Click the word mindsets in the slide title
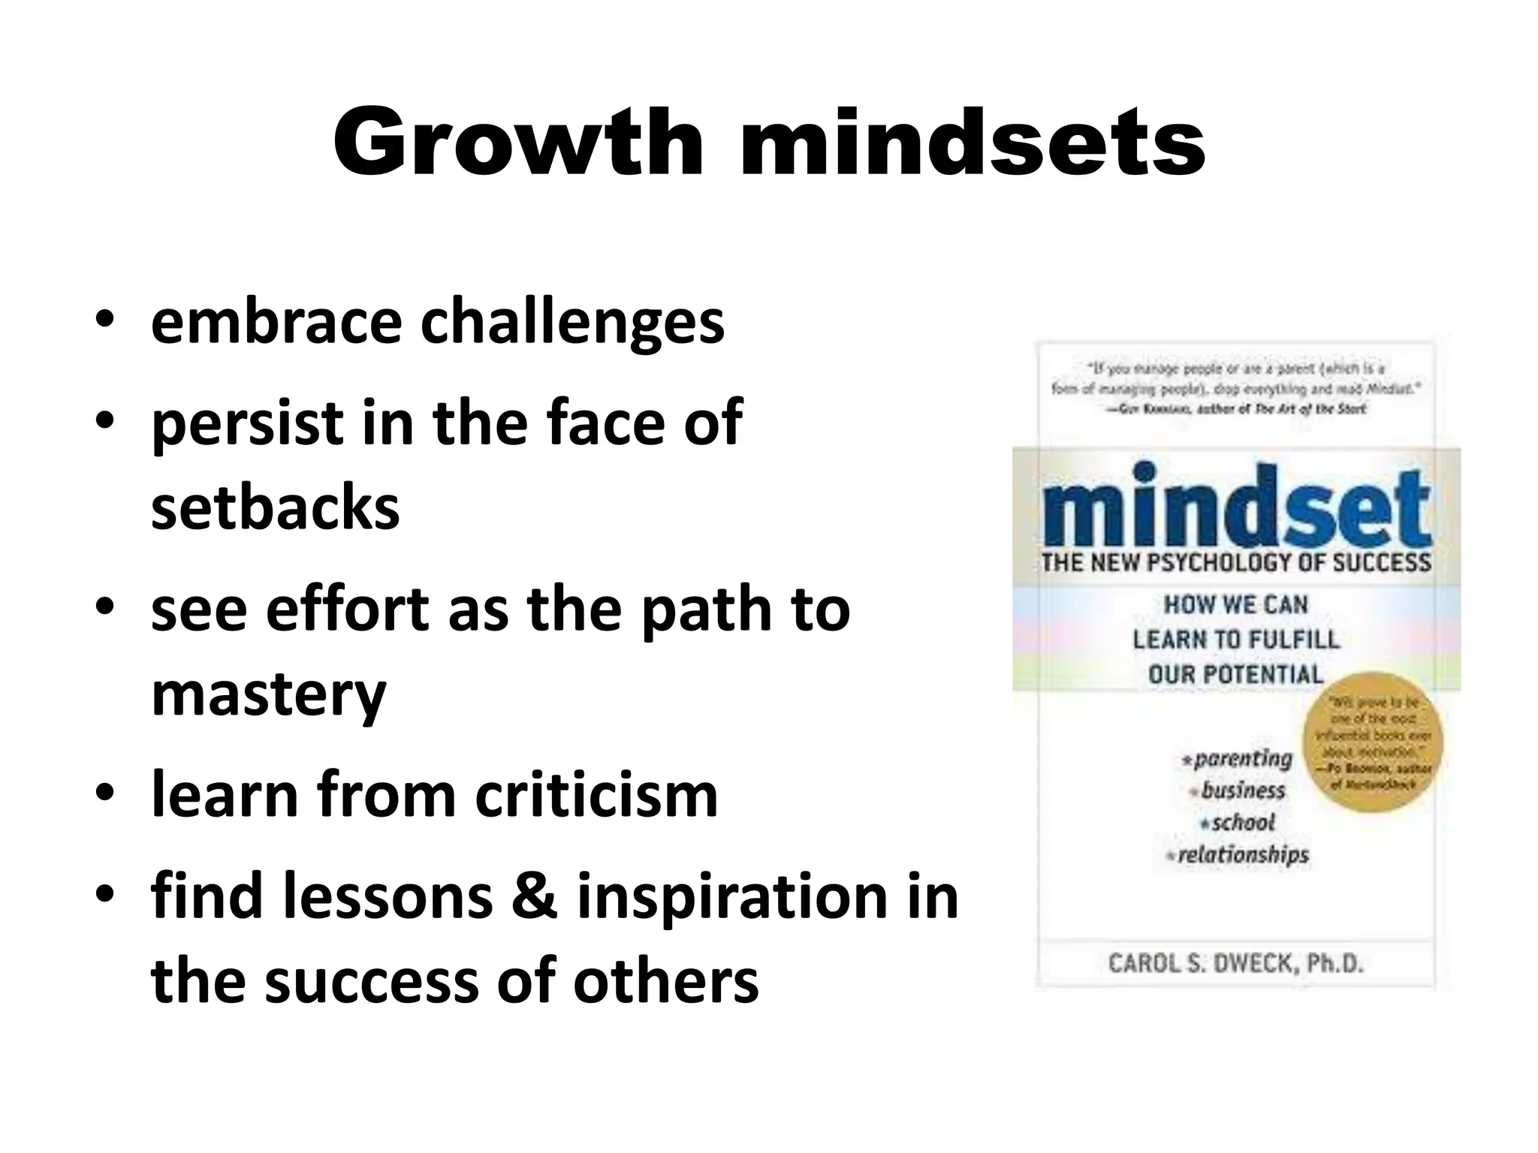(972, 143)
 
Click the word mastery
(268, 694)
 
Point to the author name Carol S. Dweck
(1235, 963)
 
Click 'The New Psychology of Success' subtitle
(1235, 563)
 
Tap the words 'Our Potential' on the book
(1235, 674)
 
